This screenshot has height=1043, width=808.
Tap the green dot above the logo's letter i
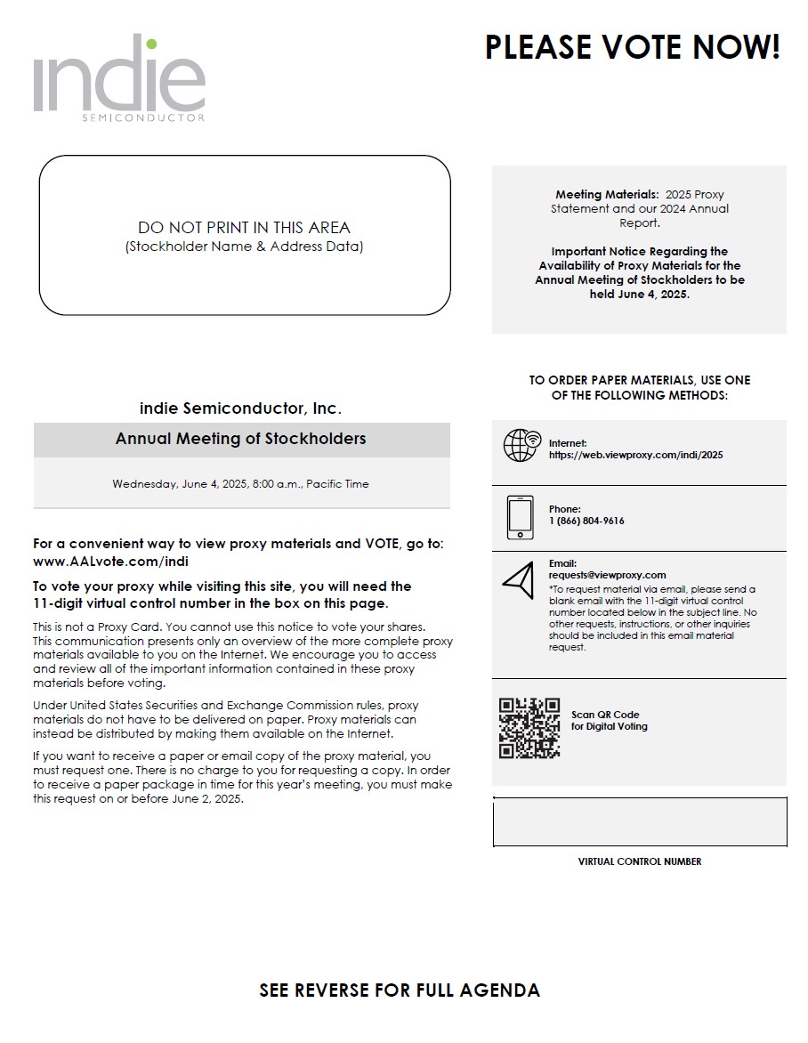151,44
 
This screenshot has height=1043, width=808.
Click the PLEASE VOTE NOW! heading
632,47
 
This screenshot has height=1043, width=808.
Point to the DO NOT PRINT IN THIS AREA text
244,228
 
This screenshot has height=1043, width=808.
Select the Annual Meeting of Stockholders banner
241,439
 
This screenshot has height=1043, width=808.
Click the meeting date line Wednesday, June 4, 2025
240,484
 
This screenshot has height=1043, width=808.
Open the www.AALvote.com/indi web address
110,562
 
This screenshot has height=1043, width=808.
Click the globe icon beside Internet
521,445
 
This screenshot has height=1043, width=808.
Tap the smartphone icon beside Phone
520,517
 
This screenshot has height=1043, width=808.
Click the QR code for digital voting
529,728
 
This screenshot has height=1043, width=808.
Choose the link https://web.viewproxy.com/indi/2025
635,455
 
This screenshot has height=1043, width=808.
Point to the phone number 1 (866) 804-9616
586,521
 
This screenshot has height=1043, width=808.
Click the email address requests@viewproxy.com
607,575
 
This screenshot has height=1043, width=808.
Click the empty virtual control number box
639,821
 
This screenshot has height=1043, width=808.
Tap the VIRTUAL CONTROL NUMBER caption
639,861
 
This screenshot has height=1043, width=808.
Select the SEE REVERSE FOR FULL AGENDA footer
400,990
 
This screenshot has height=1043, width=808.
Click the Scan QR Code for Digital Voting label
609,721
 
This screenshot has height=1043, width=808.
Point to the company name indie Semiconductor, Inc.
240,408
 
